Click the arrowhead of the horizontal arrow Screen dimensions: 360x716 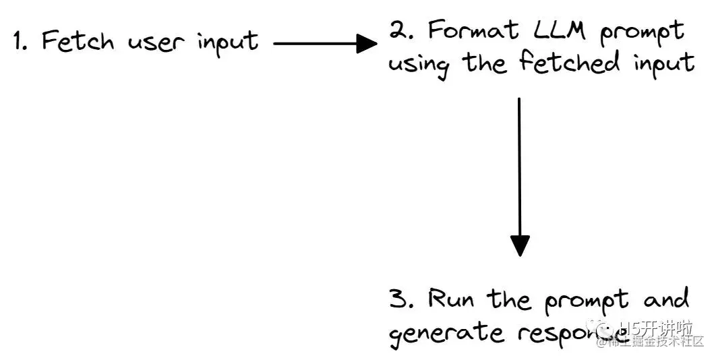(367, 44)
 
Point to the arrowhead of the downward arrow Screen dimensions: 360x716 (520, 245)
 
